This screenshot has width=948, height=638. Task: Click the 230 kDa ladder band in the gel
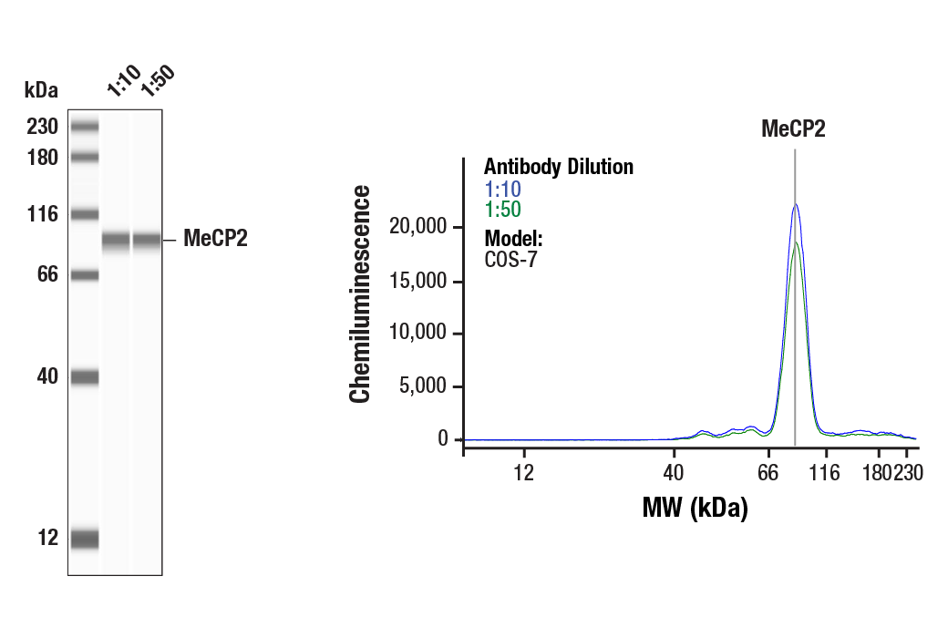point(85,126)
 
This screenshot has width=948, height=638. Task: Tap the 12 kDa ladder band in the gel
point(85,539)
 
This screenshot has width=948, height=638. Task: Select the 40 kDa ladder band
point(85,376)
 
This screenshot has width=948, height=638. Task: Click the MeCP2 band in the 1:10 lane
point(116,241)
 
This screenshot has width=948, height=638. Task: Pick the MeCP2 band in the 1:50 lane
point(147,241)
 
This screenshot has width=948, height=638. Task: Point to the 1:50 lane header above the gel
point(157,81)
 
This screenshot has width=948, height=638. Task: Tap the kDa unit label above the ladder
point(41,89)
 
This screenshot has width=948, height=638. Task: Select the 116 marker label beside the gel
point(42,215)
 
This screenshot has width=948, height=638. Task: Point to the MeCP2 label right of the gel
point(215,240)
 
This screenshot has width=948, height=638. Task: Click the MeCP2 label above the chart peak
point(793,129)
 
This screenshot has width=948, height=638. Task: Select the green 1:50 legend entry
point(502,209)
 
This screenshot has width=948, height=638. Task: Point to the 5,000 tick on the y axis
point(424,386)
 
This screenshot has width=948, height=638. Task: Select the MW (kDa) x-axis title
point(695,507)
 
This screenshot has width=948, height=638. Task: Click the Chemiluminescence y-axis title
point(361,293)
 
